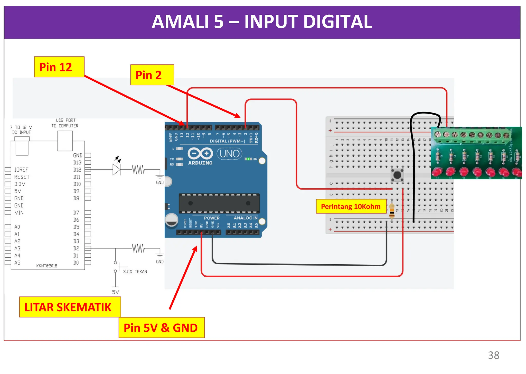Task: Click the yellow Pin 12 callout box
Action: [59, 67]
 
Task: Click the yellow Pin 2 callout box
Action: [152, 75]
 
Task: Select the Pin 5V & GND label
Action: [161, 328]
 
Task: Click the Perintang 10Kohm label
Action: [351, 207]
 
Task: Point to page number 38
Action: [493, 355]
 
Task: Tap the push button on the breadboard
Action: [397, 175]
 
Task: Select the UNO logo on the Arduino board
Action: [229, 154]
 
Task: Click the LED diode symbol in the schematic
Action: [116, 170]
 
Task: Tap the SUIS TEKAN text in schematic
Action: [135, 272]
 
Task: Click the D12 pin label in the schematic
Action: [77, 170]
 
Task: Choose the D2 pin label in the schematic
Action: [76, 248]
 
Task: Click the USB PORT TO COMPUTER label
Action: [65, 123]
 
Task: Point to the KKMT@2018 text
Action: [47, 266]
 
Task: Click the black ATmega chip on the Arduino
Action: [219, 203]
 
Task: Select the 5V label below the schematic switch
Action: [116, 292]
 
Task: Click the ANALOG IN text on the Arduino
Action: [245, 218]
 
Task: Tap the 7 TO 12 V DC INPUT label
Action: [21, 130]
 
